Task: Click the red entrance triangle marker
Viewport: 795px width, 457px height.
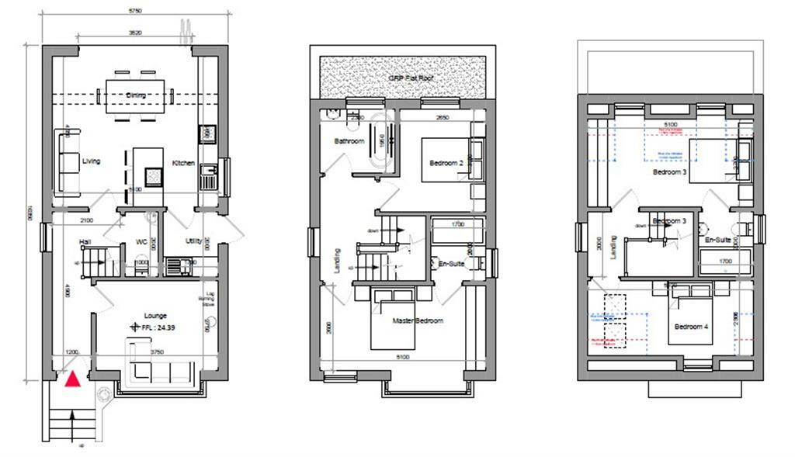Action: [x=72, y=379]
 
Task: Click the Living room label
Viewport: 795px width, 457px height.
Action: [x=92, y=161]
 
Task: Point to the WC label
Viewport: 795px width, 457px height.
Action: [x=142, y=241]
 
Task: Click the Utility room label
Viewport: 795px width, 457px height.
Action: [x=193, y=241]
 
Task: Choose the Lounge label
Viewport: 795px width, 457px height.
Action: [x=156, y=316]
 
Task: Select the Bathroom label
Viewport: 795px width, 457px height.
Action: [x=349, y=141]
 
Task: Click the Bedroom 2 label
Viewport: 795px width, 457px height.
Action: [x=446, y=163]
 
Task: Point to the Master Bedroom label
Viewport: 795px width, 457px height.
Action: [x=418, y=320]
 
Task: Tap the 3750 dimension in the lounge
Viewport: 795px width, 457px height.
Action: [x=156, y=351]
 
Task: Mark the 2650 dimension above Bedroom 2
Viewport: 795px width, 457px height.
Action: [x=442, y=118]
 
